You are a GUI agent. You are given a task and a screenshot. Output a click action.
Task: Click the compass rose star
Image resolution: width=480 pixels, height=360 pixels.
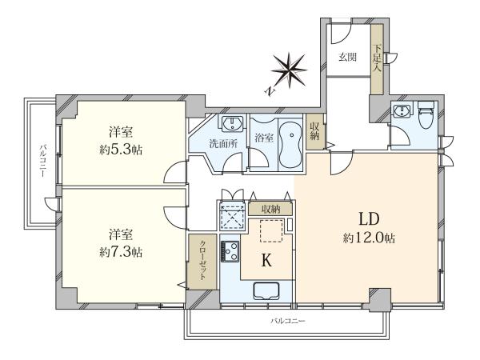pos(290,70)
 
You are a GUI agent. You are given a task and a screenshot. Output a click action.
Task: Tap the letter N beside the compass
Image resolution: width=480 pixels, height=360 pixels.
pos(270,91)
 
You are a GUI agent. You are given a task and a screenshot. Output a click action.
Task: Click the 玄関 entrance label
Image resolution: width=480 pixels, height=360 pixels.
pos(347,57)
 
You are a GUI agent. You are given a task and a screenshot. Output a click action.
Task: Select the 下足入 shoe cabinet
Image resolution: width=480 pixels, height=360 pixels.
pos(377,59)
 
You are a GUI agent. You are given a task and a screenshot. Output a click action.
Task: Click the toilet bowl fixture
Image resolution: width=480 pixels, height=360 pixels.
pos(426,115)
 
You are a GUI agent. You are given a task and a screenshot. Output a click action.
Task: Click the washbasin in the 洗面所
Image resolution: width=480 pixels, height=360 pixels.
pos(232,124)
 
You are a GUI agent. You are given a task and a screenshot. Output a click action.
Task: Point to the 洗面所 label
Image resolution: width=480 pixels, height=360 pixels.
pos(223,144)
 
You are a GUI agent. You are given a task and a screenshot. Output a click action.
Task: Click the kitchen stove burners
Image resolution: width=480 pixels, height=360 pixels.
pos(230,251)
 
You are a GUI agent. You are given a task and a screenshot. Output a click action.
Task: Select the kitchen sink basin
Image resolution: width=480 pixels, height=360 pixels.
pos(266,291)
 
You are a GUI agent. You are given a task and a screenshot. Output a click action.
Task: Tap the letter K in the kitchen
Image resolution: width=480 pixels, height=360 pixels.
pos(266,261)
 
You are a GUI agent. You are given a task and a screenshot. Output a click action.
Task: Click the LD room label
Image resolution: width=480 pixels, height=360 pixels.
pos(369,219)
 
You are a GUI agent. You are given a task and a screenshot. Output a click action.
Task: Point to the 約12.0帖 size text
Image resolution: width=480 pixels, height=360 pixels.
pos(369,238)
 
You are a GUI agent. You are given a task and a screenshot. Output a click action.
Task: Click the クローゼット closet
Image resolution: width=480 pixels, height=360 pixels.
pos(202,262)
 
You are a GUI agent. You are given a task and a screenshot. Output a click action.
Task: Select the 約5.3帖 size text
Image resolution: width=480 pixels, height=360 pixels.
pos(121,150)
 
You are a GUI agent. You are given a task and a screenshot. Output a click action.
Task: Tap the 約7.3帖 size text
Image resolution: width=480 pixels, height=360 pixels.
pos(121,252)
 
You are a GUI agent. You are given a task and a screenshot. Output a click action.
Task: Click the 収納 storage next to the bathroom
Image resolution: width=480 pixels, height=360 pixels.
pos(314,132)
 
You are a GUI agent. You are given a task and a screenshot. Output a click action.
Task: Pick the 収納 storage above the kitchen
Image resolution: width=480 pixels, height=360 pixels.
pos(270,210)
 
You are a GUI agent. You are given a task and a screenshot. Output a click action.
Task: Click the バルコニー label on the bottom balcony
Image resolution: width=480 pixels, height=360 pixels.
pos(288,321)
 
